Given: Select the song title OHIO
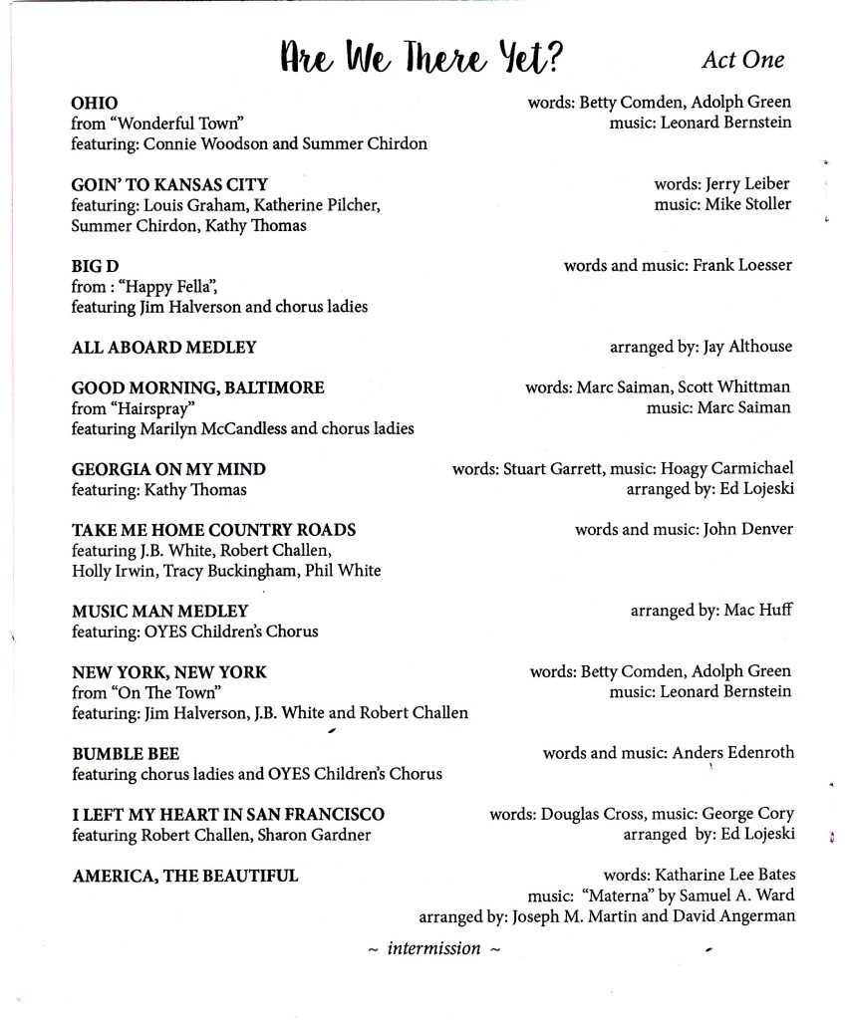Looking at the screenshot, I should click(95, 103).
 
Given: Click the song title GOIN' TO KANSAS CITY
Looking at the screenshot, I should click(169, 184).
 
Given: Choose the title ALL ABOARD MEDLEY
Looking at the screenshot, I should click(163, 348).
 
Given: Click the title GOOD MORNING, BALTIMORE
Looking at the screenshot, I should click(198, 387).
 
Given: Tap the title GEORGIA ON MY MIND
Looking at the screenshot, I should click(168, 469).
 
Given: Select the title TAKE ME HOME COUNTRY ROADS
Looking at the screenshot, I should click(213, 530).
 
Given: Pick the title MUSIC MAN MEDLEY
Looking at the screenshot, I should click(159, 611).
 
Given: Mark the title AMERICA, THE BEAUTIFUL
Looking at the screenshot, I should click(184, 876).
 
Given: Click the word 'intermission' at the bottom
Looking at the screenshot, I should click(433, 948).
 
